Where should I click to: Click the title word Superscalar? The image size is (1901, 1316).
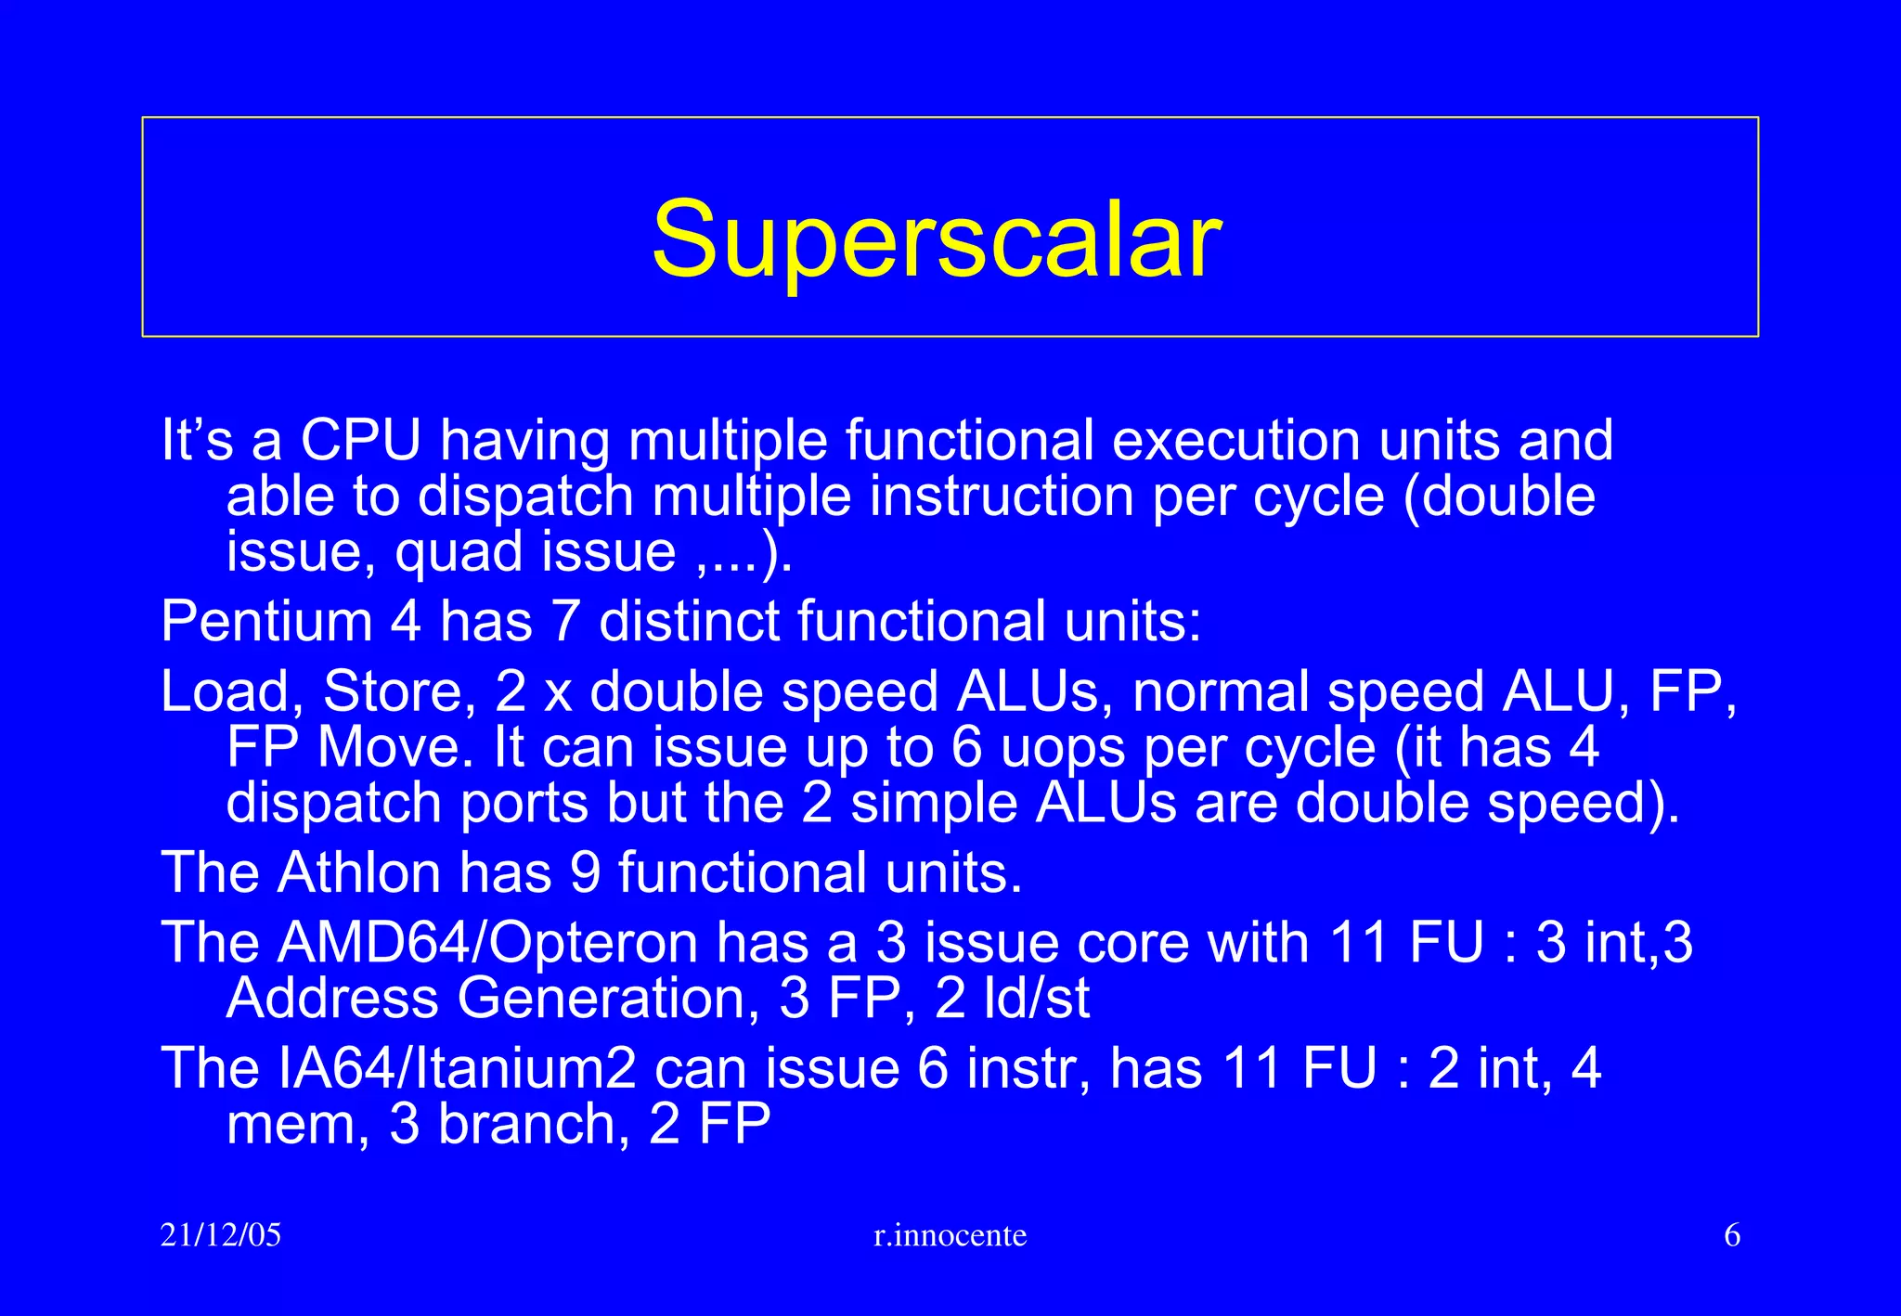(x=936, y=239)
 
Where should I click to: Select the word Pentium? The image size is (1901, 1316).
(x=265, y=621)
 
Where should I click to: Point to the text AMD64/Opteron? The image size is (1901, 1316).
(x=487, y=943)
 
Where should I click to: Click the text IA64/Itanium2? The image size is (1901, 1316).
(x=457, y=1068)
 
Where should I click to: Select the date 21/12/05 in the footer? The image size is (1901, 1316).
(x=220, y=1235)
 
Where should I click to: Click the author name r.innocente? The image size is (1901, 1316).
(x=950, y=1235)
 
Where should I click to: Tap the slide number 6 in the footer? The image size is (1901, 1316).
(x=1731, y=1235)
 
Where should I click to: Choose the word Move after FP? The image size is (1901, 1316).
(x=389, y=748)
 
